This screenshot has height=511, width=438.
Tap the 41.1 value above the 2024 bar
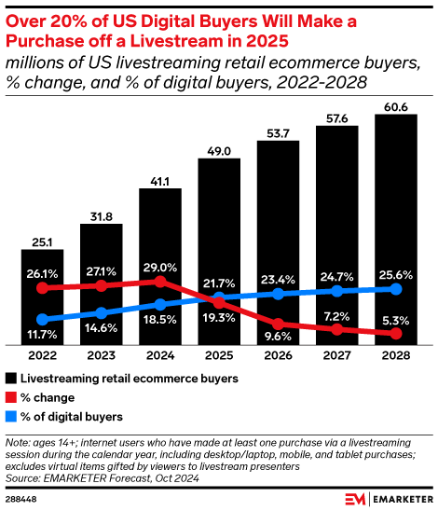coord(161,176)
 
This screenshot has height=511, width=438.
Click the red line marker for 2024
coord(161,281)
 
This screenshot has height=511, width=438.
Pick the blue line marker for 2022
coord(42,319)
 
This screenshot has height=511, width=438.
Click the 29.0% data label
coord(161,267)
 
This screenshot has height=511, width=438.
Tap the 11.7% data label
coord(42,334)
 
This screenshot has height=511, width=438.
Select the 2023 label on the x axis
coord(102,356)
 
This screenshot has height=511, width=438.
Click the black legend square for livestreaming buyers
coord(11,379)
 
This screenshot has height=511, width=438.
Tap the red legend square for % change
coord(11,397)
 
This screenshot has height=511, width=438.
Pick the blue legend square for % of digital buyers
coord(11,416)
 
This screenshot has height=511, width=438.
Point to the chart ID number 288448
coord(23,499)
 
